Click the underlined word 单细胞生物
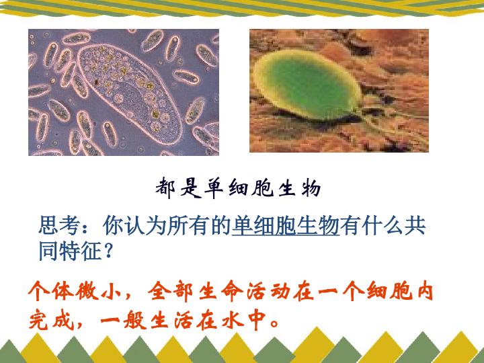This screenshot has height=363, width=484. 286,226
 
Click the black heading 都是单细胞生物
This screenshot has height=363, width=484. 238,188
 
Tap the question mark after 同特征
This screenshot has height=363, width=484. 108,251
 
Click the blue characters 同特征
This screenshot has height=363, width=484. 70,251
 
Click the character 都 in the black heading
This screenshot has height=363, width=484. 165,188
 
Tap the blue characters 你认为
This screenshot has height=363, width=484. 134,226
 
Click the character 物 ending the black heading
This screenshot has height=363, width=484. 311,188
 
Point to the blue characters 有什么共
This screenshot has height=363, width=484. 383,226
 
